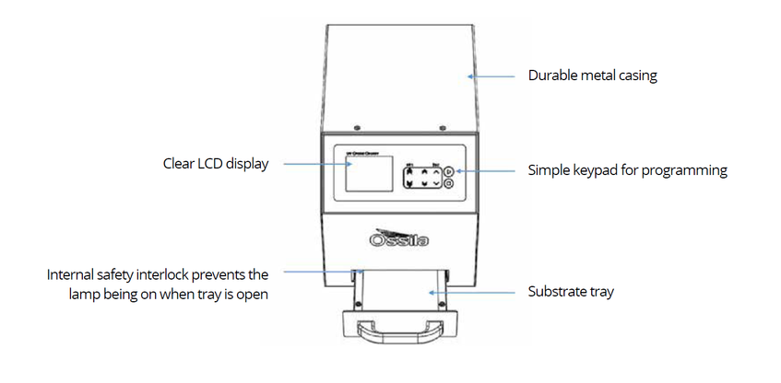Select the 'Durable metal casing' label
point(592,76)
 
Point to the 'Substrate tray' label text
point(571,292)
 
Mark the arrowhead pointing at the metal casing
point(471,75)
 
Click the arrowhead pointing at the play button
point(453,170)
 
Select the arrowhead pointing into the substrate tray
point(428,292)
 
